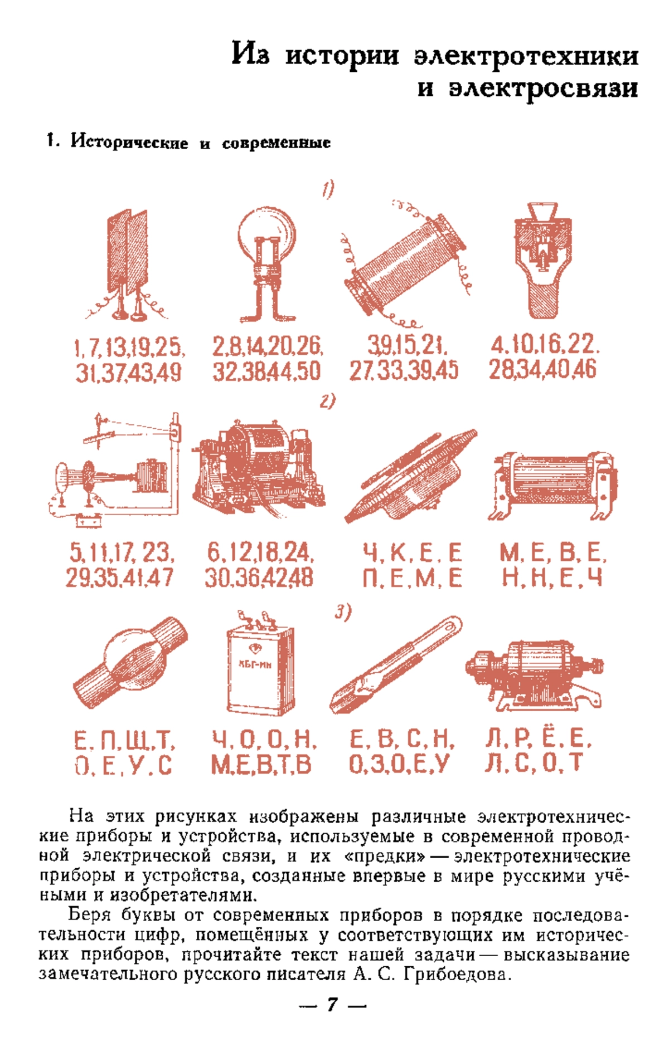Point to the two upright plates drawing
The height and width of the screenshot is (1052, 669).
click(127, 265)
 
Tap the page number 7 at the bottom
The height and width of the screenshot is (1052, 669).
click(332, 1005)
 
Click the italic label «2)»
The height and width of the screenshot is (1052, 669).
click(328, 401)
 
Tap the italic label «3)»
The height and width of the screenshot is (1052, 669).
click(343, 612)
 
